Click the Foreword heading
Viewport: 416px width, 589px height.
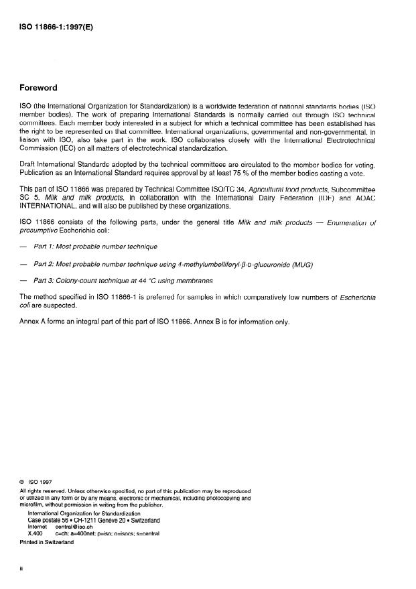38,88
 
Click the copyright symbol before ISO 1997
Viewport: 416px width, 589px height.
22,481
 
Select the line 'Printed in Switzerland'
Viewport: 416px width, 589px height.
47,542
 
